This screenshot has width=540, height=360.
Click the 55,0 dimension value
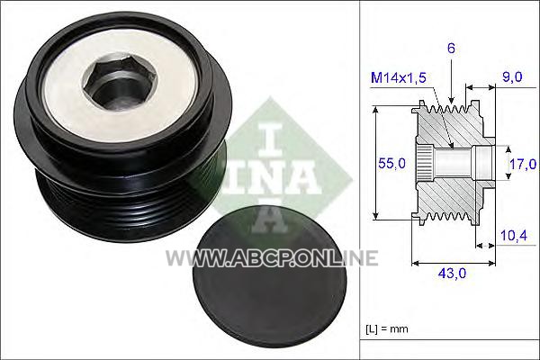click(x=391, y=163)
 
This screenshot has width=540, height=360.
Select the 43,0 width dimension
click(x=452, y=274)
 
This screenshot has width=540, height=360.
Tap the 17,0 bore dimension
click(x=523, y=164)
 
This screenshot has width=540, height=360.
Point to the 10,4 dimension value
click(x=514, y=236)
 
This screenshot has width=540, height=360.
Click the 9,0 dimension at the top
click(x=512, y=76)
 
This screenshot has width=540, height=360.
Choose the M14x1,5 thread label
click(x=399, y=78)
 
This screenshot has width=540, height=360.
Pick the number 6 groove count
click(x=451, y=49)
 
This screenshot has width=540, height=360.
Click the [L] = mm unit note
click(x=387, y=329)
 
